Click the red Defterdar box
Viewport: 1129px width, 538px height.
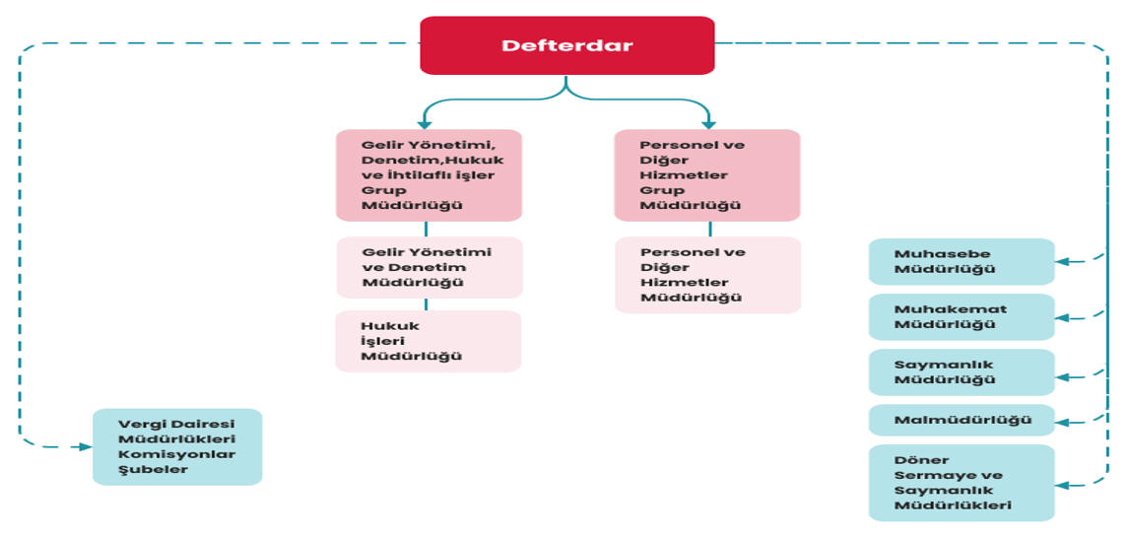click(567, 45)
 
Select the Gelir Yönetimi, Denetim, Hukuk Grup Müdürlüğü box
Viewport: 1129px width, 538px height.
click(429, 175)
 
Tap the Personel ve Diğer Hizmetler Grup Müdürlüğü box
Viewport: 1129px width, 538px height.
click(706, 175)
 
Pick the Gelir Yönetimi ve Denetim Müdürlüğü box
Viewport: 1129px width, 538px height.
click(430, 267)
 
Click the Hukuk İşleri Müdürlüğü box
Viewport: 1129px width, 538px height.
click(429, 341)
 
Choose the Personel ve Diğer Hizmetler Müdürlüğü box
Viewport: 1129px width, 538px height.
click(707, 275)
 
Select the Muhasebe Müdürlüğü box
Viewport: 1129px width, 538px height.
click(961, 261)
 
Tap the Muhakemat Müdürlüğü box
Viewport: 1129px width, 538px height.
click(961, 316)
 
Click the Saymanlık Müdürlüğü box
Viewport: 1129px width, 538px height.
click(961, 371)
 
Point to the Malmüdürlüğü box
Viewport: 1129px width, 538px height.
click(961, 420)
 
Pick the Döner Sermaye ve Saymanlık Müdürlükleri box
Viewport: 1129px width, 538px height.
click(961, 483)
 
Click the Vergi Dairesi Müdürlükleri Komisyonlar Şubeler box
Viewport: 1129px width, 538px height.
click(177, 446)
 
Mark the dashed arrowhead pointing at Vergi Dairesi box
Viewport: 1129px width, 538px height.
click(86, 446)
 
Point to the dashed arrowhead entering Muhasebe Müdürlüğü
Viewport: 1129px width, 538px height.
click(1062, 261)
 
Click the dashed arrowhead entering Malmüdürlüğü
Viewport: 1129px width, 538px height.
click(1062, 422)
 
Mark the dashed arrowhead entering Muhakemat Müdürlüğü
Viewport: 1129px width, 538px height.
click(1062, 318)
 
